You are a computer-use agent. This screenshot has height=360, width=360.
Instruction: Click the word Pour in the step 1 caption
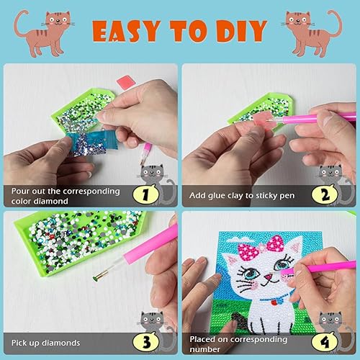pos(22,192)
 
